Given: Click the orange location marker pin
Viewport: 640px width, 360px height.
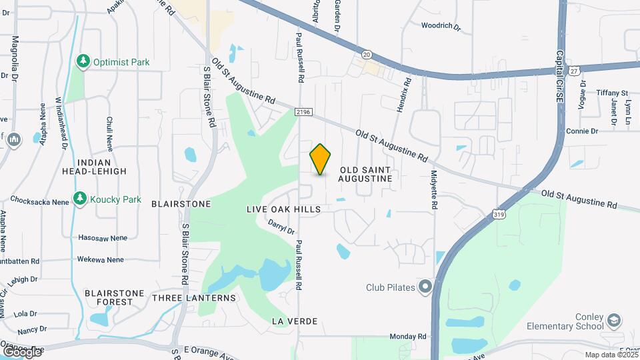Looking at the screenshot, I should pyautogui.click(x=321, y=159).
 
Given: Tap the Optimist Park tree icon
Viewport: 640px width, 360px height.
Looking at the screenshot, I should pyautogui.click(x=83, y=62).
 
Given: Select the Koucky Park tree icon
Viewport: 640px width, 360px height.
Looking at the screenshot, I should pyautogui.click(x=80, y=199).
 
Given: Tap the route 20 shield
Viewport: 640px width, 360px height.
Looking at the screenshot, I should pyautogui.click(x=367, y=54).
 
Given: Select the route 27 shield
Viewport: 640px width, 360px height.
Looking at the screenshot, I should pyautogui.click(x=575, y=69).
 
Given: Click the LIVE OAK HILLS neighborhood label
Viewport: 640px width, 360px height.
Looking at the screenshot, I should pyautogui.click(x=283, y=209).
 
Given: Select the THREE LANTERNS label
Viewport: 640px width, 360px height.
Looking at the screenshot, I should pyautogui.click(x=193, y=297).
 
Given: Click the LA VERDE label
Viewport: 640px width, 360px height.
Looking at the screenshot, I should pyautogui.click(x=294, y=321).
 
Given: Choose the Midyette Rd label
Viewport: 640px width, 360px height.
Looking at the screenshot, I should pyautogui.click(x=433, y=190).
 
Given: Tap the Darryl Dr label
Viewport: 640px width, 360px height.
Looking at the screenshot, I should pyautogui.click(x=281, y=227).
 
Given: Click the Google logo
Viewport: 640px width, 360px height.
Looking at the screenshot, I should pyautogui.click(x=22, y=351).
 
